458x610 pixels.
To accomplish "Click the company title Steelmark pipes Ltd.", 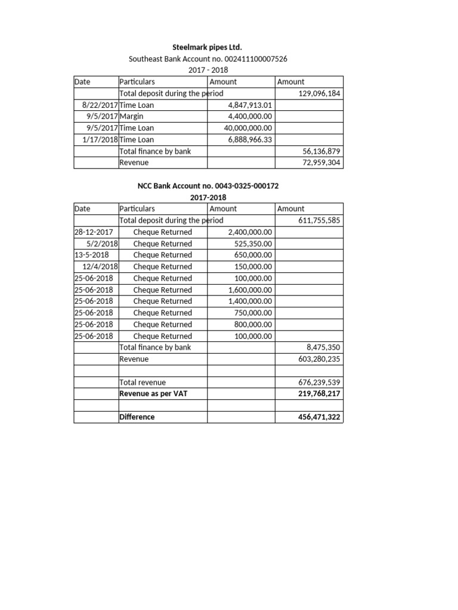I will point(208,48).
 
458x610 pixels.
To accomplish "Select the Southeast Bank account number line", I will point(208,59).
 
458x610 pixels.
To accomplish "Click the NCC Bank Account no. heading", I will point(208,186).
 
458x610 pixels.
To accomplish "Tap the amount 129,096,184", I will point(319,94).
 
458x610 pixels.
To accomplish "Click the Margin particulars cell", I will point(131,116).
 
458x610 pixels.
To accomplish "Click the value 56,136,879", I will point(321,151).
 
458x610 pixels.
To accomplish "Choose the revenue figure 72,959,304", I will point(321,163).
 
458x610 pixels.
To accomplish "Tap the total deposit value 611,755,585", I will point(319,220).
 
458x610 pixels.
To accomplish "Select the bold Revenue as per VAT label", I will point(154,394).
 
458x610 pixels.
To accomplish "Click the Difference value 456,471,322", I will point(319,417).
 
